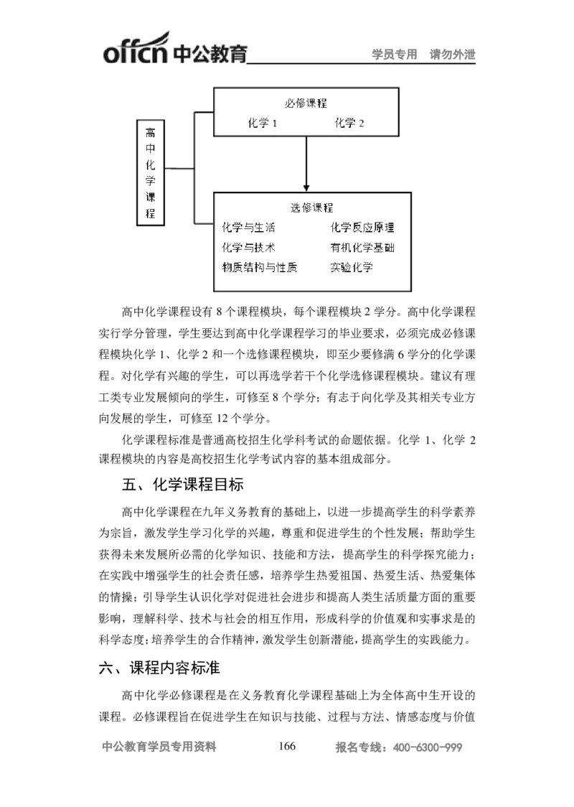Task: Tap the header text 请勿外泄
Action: click(453, 54)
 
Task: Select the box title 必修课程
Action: click(306, 103)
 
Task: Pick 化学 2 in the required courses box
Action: click(349, 123)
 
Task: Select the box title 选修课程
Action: click(311, 208)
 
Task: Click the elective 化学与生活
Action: click(248, 228)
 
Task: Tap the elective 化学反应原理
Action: click(362, 228)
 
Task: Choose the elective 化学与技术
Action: click(248, 248)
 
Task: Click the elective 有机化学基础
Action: click(362, 248)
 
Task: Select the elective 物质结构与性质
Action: click(259, 267)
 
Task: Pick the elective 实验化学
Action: click(352, 267)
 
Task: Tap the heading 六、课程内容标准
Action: click(159, 668)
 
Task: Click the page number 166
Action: click(286, 747)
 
